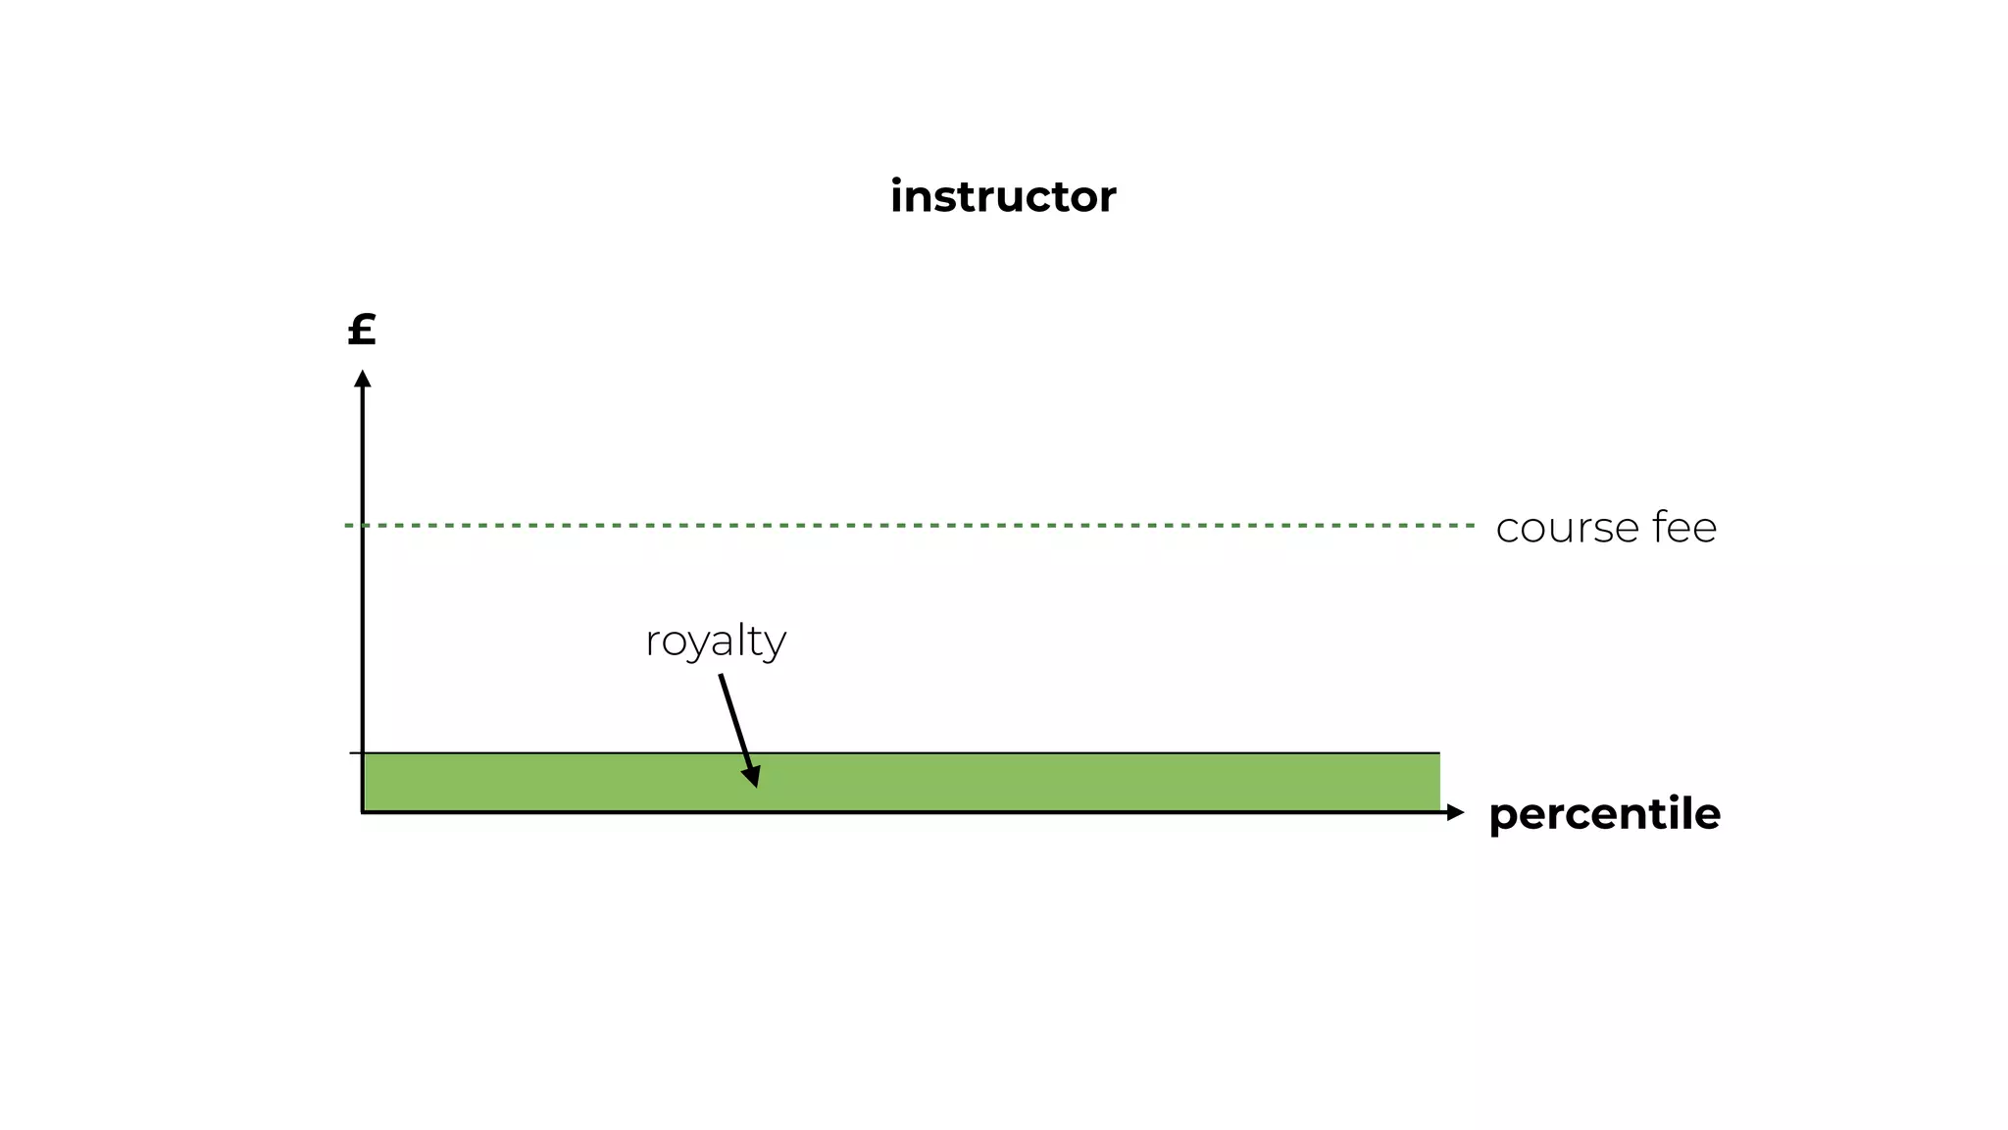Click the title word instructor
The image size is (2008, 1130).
(1002, 196)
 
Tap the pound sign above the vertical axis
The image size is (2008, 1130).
(362, 330)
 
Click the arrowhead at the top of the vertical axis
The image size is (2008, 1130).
(362, 379)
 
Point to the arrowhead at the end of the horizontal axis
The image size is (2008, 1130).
(1455, 812)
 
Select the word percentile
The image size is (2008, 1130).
(1604, 814)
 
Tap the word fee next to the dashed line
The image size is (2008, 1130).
(1684, 527)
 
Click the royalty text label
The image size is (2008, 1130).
(716, 642)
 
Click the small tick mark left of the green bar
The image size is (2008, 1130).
(355, 753)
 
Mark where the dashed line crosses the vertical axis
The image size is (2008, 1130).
(363, 526)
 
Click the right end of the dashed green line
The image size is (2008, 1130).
(1472, 526)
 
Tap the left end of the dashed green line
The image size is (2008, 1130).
(348, 526)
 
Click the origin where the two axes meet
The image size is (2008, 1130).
(363, 812)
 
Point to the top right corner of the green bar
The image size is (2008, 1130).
(1438, 754)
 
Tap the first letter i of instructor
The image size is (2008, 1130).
(896, 196)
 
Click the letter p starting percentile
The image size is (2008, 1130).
(1502, 817)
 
